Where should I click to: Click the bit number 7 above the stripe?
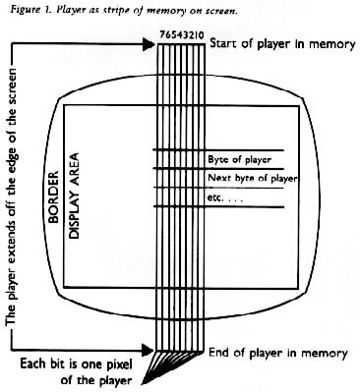point(161,33)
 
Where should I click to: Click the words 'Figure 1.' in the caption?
point(23,8)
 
